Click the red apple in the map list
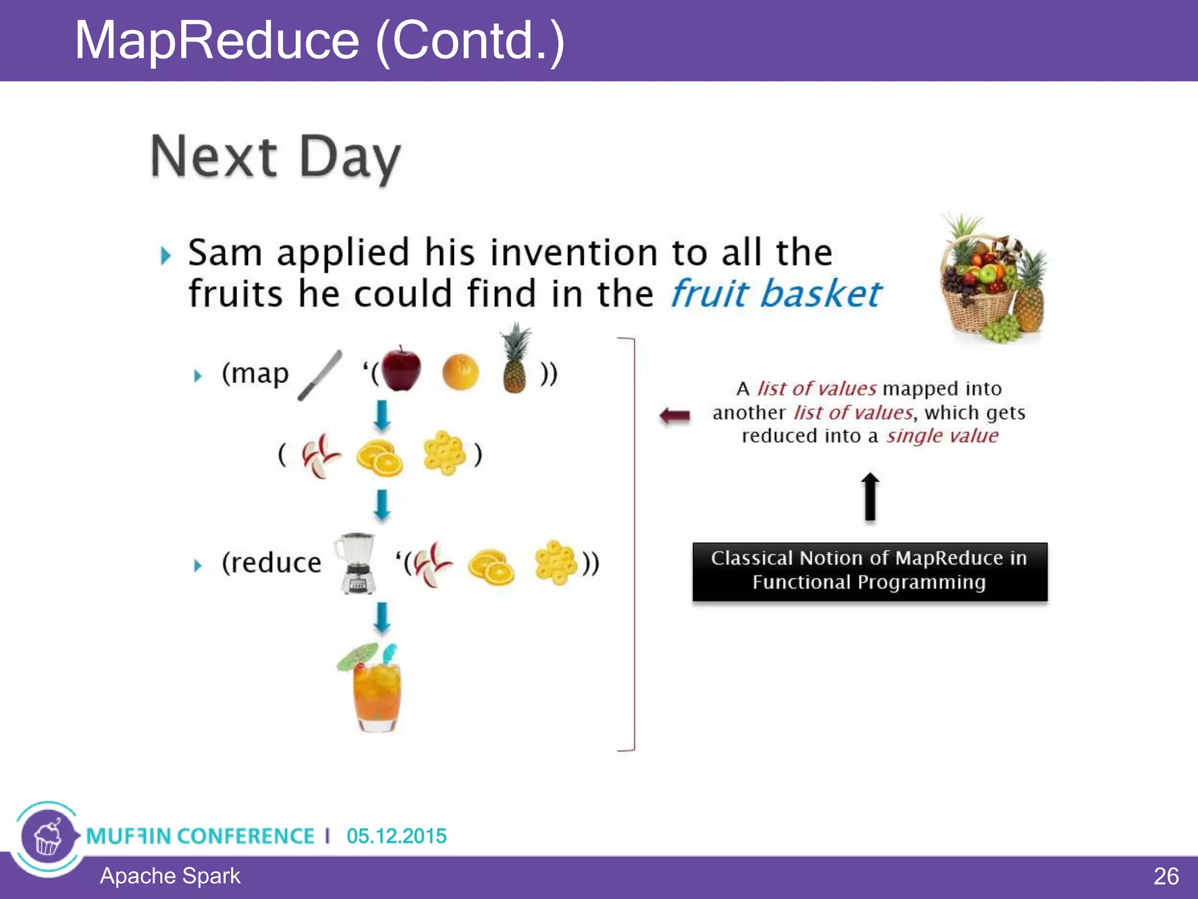[401, 369]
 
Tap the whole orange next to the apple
[460, 372]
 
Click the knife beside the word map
[320, 375]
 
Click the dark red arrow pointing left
[675, 416]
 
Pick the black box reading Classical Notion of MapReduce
[870, 571]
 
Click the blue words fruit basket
[776, 293]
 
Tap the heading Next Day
[276, 156]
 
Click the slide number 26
[1165, 876]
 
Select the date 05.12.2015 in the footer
[396, 836]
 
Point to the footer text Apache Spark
[170, 876]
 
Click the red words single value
[942, 436]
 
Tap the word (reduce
[271, 563]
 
